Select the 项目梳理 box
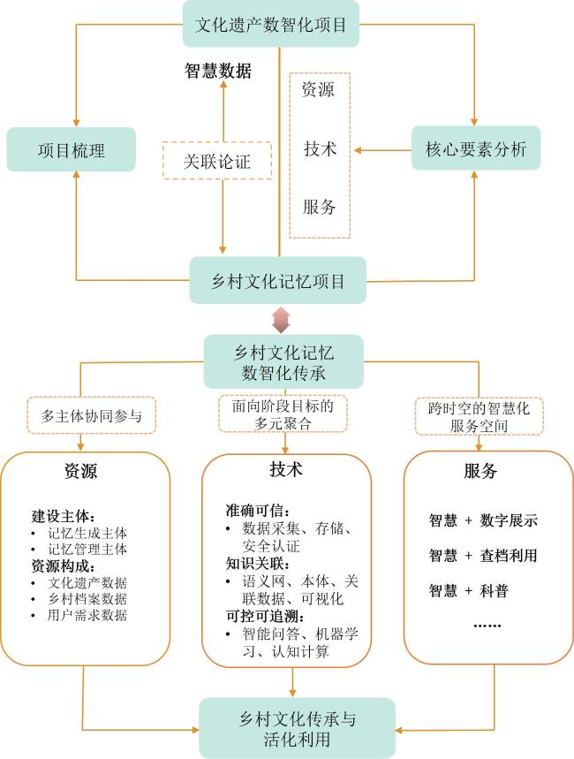pyautogui.click(x=72, y=150)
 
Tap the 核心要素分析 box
pyautogui.click(x=475, y=149)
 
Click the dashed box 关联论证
pyautogui.click(x=217, y=162)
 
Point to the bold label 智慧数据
pyautogui.click(x=217, y=72)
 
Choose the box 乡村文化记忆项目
pyautogui.click(x=278, y=281)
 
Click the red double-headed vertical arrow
pyautogui.click(x=280, y=319)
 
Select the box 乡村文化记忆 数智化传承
pyautogui.click(x=283, y=361)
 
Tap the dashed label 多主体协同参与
pyautogui.click(x=91, y=414)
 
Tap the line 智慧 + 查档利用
pyautogui.click(x=483, y=556)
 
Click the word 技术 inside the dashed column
pyautogui.click(x=319, y=148)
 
